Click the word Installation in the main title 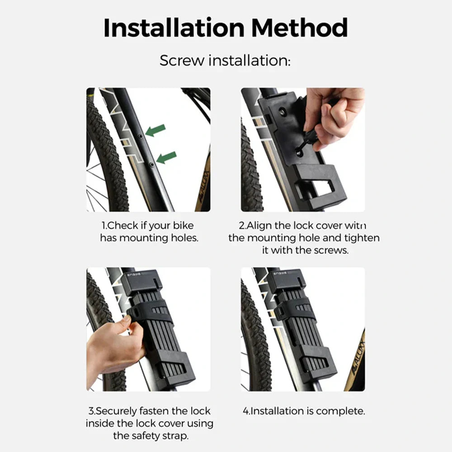click(x=174, y=28)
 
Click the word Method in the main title click(x=300, y=28)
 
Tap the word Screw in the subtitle click(x=182, y=61)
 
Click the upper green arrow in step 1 click(x=155, y=130)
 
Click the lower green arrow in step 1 click(x=166, y=157)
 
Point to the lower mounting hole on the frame click(x=151, y=165)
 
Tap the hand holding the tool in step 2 click(x=334, y=118)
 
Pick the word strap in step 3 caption click(x=175, y=436)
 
